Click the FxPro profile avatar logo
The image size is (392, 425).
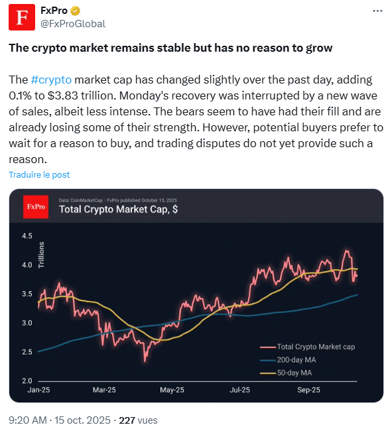tap(21, 17)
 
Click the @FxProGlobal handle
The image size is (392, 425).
tap(72, 24)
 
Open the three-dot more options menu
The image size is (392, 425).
tap(377, 11)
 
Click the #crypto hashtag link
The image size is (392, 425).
tap(51, 80)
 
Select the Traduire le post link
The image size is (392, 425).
tap(39, 174)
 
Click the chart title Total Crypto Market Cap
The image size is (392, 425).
tap(118, 210)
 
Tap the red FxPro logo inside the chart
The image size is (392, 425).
tap(36, 207)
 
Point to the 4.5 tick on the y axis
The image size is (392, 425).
tap(27, 236)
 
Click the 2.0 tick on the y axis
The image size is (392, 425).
tap(27, 381)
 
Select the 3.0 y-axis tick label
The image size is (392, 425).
tap(27, 323)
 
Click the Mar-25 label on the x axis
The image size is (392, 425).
tap(105, 391)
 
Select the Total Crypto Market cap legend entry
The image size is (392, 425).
tap(315, 347)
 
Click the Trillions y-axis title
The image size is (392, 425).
tap(42, 255)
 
